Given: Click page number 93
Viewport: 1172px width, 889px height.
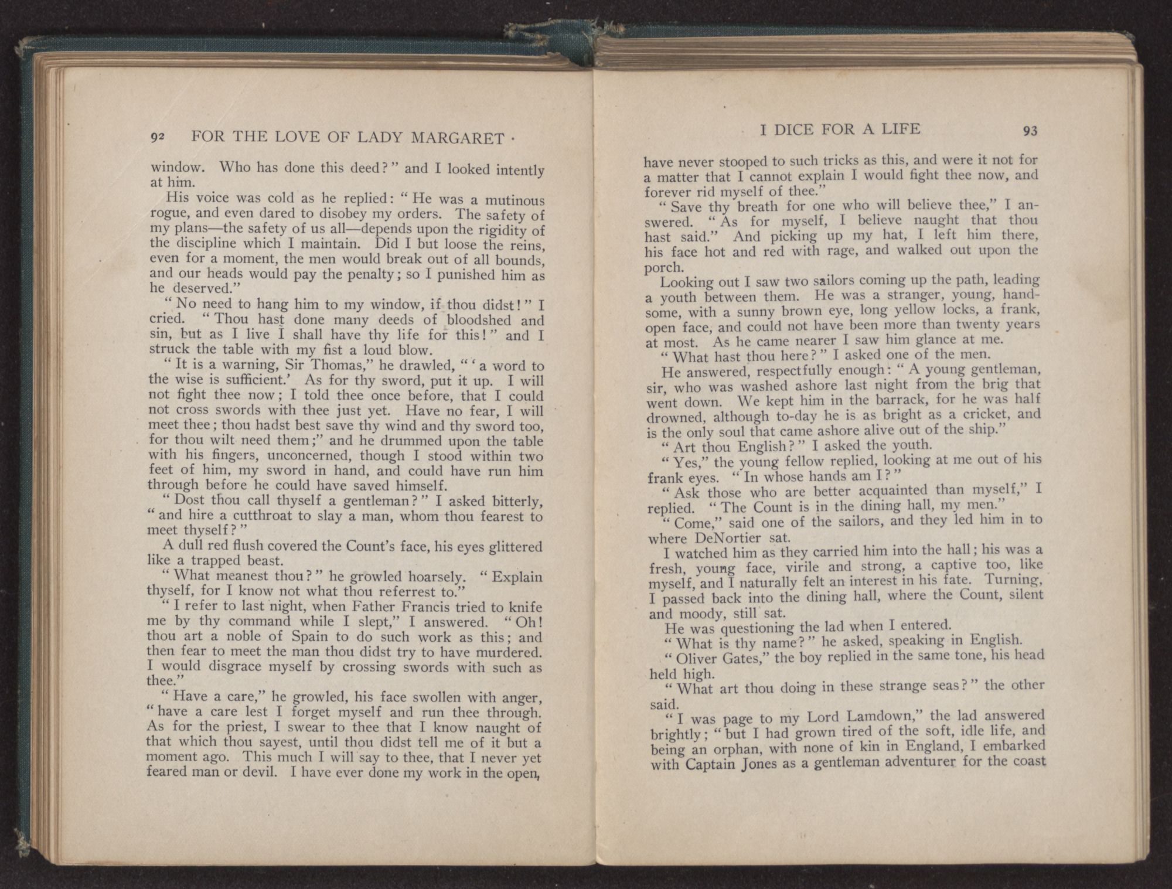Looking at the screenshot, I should [1030, 130].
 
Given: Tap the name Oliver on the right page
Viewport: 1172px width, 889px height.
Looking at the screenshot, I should [697, 658].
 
